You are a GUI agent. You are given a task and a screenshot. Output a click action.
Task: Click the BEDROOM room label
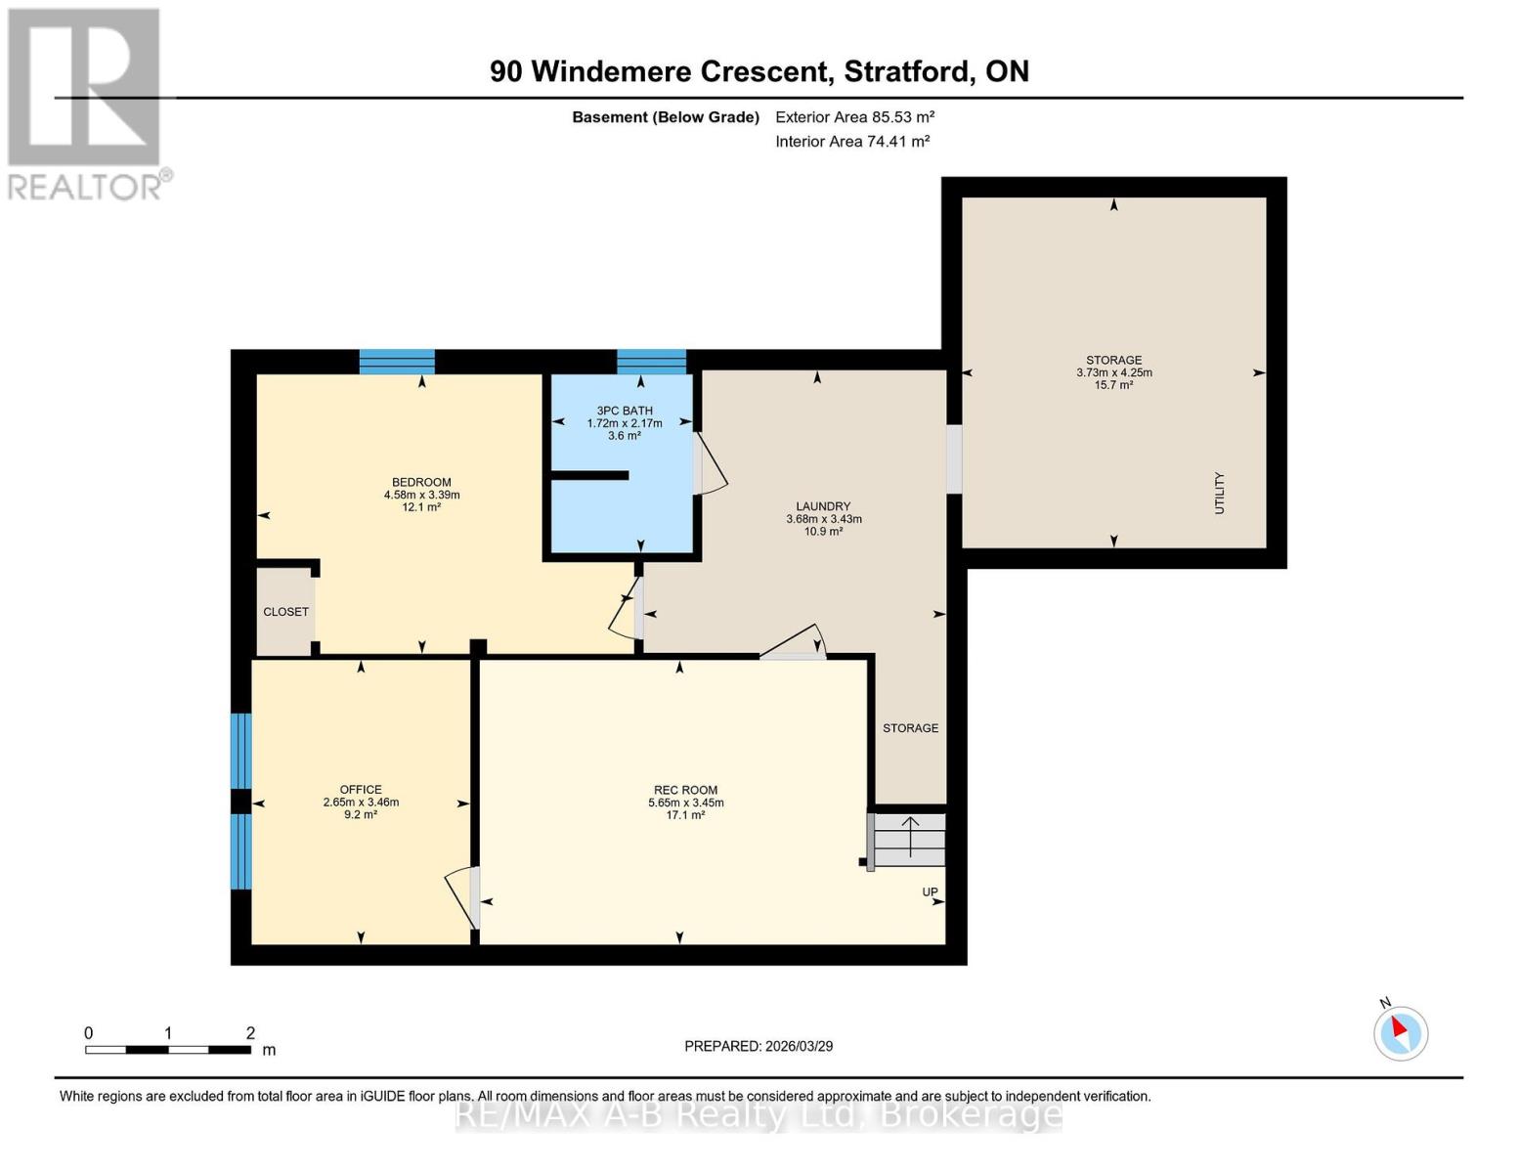(421, 482)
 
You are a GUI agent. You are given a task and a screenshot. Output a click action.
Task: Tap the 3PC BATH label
(625, 411)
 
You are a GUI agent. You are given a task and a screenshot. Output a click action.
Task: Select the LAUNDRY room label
(823, 506)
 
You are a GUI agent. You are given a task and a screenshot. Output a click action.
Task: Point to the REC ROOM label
(685, 790)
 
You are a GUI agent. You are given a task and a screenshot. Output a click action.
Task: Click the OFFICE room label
(361, 790)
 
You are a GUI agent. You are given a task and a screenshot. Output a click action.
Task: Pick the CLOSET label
(285, 612)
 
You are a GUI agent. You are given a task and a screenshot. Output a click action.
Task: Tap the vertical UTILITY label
(1220, 494)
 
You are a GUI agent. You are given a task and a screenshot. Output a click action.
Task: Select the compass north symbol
(1400, 1032)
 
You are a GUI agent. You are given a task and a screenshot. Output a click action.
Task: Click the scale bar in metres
(168, 1050)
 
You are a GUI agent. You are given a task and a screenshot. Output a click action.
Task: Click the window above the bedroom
(397, 362)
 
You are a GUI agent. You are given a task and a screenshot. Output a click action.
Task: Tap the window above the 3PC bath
(651, 362)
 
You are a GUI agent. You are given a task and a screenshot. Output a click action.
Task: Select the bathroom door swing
(711, 464)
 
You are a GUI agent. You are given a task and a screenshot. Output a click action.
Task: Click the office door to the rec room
(462, 898)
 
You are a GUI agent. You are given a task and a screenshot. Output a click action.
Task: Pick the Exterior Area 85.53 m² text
(855, 117)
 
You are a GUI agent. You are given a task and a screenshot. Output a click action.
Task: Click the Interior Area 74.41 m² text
(852, 142)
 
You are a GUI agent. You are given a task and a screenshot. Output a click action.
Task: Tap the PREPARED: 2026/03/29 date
(759, 1047)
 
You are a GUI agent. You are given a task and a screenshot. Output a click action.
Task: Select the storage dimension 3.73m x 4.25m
(1114, 373)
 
